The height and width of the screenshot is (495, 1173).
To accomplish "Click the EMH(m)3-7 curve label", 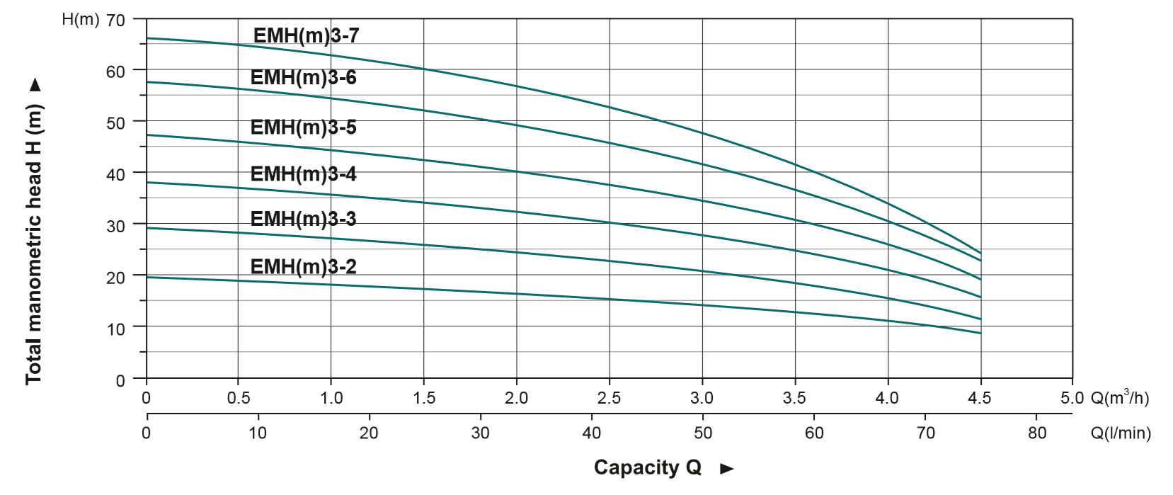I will click(306, 35).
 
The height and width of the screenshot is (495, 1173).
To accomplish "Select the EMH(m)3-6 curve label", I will click(303, 77).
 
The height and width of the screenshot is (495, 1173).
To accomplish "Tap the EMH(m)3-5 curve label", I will click(303, 127).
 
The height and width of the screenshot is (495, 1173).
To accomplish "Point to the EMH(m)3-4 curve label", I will click(303, 173).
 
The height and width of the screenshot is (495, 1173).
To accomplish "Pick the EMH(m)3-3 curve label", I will click(303, 219).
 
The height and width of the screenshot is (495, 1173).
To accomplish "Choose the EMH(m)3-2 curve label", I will click(303, 266).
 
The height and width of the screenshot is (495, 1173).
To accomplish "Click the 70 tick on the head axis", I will click(115, 21).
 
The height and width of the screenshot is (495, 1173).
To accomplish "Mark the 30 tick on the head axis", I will click(115, 225).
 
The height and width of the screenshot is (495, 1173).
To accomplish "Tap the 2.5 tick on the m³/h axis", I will click(609, 398).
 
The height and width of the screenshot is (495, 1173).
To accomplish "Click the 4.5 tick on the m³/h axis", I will click(980, 398).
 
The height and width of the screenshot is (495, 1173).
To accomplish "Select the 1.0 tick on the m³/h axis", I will click(331, 398).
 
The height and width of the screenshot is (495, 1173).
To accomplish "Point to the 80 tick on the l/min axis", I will click(1037, 433).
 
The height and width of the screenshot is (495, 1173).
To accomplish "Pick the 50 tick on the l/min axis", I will click(703, 433).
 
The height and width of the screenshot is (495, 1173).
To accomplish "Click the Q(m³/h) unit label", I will click(1119, 398).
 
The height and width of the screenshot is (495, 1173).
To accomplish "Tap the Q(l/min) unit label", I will click(1121, 433).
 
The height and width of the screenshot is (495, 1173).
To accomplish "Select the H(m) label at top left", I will click(80, 19).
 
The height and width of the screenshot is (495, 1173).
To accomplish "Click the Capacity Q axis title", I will click(647, 467).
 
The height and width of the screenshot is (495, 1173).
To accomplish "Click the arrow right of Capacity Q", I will click(726, 468).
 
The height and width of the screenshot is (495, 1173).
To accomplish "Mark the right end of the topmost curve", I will click(980, 253).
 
